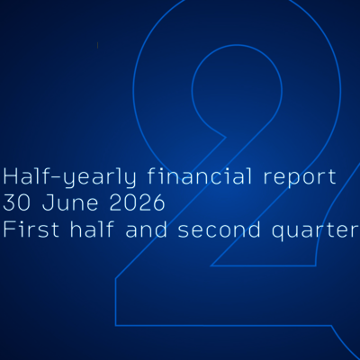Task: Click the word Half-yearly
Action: (69, 177)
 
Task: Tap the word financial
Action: (199, 175)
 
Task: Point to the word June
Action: (70, 202)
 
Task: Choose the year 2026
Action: (137, 202)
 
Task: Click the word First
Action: (31, 229)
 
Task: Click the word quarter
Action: (316, 231)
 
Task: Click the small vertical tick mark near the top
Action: (97, 45)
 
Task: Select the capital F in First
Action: (8, 229)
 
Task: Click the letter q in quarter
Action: (278, 233)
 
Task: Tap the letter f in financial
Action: (152, 175)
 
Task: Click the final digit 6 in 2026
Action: (159, 202)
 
